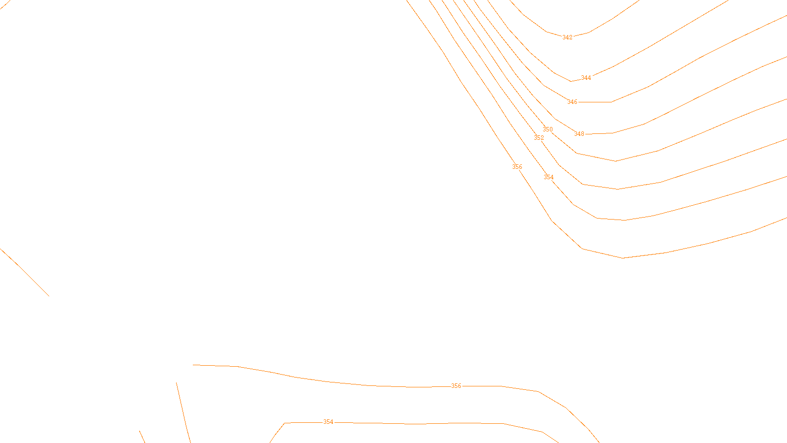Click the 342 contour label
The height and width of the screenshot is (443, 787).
567,37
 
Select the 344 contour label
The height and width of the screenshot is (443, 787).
586,78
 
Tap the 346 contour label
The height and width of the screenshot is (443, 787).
572,102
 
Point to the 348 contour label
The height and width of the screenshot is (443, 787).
579,134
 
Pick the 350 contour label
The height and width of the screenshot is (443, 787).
547,129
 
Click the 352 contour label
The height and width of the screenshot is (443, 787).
539,138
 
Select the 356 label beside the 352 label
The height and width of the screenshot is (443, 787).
517,167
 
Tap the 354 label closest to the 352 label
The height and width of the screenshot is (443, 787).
548,177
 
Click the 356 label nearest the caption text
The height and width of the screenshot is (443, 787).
456,386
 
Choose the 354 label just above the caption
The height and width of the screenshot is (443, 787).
328,422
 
